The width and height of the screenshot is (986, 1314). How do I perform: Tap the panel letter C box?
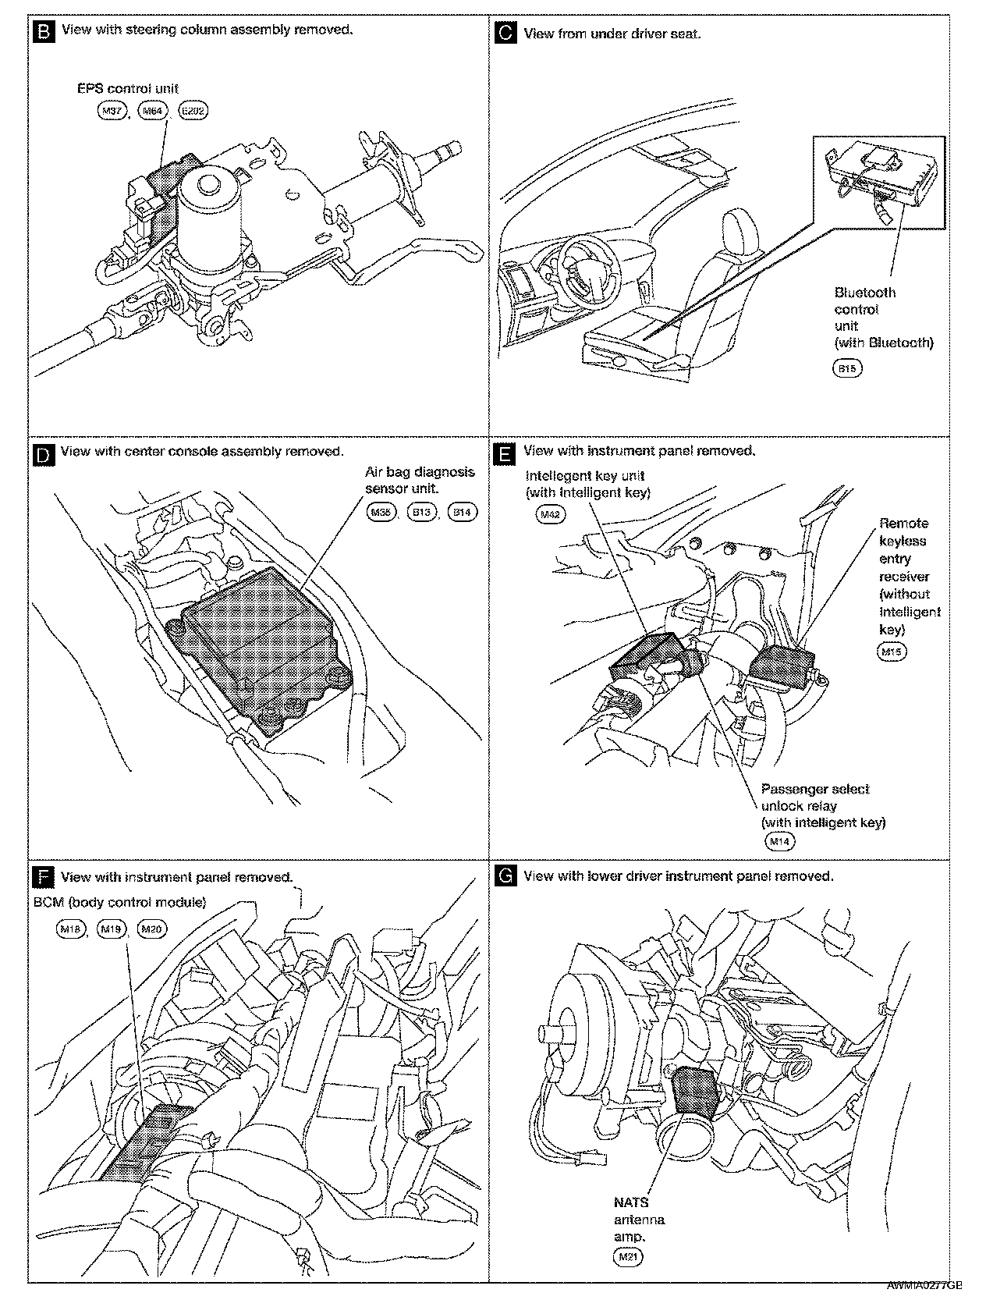(506, 34)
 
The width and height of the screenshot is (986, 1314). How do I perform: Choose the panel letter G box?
(506, 877)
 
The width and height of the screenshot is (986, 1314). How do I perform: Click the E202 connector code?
(193, 111)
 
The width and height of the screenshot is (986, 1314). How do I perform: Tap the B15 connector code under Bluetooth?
(848, 368)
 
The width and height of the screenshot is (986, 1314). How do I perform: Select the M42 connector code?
(551, 515)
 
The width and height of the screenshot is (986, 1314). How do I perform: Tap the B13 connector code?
(422, 512)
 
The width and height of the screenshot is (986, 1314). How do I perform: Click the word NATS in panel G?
(630, 1202)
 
